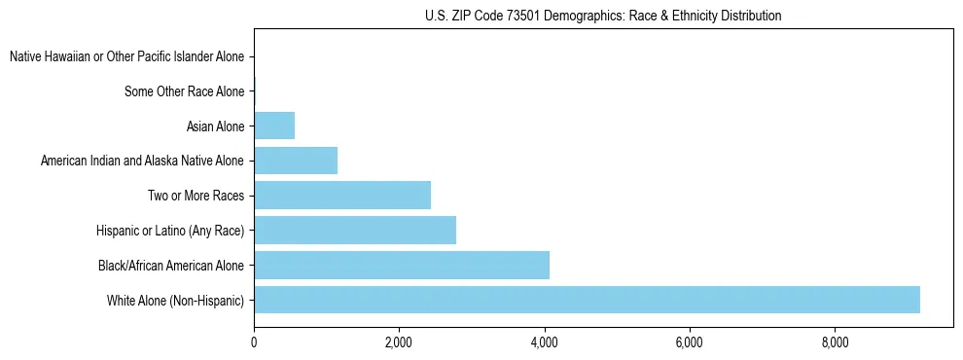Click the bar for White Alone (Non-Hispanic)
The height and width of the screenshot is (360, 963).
587,300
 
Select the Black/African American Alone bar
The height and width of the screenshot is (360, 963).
402,265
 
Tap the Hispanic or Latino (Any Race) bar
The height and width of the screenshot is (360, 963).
355,230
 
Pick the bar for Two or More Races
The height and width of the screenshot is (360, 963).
342,195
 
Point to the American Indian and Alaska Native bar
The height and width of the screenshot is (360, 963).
296,161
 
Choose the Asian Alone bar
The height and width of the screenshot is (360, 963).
274,126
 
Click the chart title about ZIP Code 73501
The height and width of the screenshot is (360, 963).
603,16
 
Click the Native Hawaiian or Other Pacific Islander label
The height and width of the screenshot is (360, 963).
126,57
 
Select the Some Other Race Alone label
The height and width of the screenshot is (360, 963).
185,91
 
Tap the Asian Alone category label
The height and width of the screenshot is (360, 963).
216,126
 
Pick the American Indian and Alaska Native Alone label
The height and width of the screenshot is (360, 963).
143,161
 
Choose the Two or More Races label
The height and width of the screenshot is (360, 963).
196,196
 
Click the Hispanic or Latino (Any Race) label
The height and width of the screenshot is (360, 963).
170,231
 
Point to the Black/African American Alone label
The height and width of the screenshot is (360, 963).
171,265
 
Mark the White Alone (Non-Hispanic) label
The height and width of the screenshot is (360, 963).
176,300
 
